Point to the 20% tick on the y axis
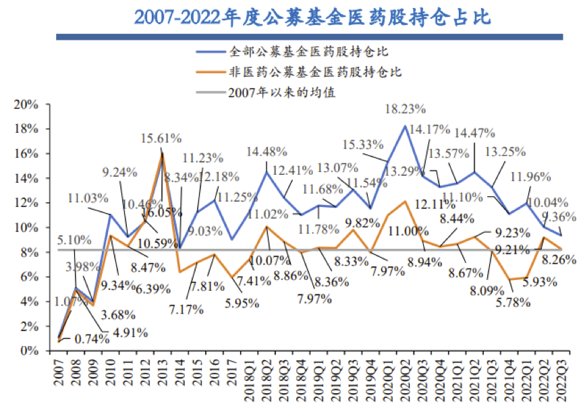[26, 105]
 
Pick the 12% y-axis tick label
[26, 203]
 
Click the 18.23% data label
[405, 108]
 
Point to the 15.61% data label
[161, 138]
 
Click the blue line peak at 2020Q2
[404, 126]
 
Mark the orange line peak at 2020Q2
[404, 202]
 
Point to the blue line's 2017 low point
[231, 239]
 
